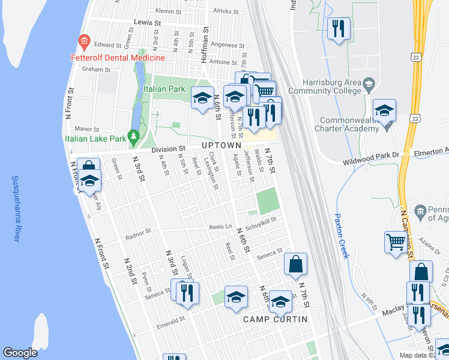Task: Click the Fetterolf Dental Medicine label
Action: [x=127, y=58]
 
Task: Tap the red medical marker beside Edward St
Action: [x=83, y=42]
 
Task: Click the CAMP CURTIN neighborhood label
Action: [x=275, y=319]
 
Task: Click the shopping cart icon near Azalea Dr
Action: [x=396, y=243]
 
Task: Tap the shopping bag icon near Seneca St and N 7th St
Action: [x=295, y=264]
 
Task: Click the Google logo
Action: [x=20, y=353]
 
